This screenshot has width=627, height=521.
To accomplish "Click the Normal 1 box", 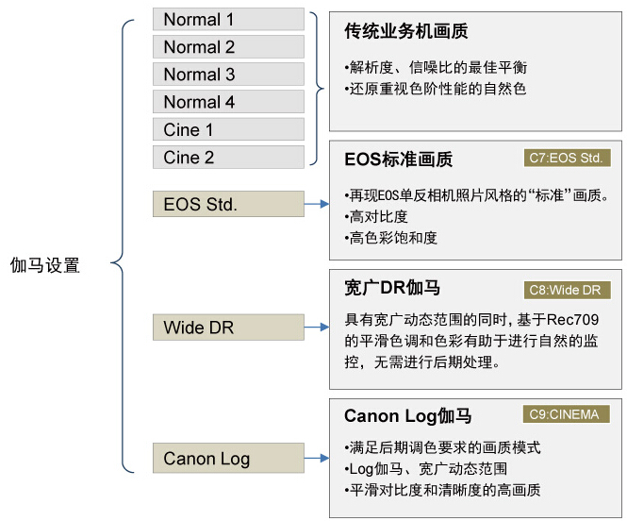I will [x=228, y=20].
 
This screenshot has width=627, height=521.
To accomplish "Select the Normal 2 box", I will [x=228, y=47].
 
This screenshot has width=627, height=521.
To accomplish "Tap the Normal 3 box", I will [x=228, y=75].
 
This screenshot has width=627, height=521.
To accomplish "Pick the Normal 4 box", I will [x=228, y=102].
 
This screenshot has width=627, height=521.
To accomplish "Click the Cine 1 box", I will [x=228, y=129].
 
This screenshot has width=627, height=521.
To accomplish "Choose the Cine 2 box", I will [x=228, y=157].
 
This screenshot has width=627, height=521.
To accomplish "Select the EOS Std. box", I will [x=228, y=204].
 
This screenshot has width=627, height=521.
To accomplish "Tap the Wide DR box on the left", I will [x=228, y=328].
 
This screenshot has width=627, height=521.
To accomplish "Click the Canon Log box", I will [x=228, y=459].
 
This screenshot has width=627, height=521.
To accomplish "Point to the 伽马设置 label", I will [x=45, y=265].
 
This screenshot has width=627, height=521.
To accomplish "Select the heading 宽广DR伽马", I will [x=392, y=288].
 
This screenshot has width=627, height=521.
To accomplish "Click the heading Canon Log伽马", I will [x=408, y=416].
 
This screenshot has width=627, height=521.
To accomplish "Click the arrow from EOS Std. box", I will [x=317, y=204].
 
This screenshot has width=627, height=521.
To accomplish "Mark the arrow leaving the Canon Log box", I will [x=317, y=459].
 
